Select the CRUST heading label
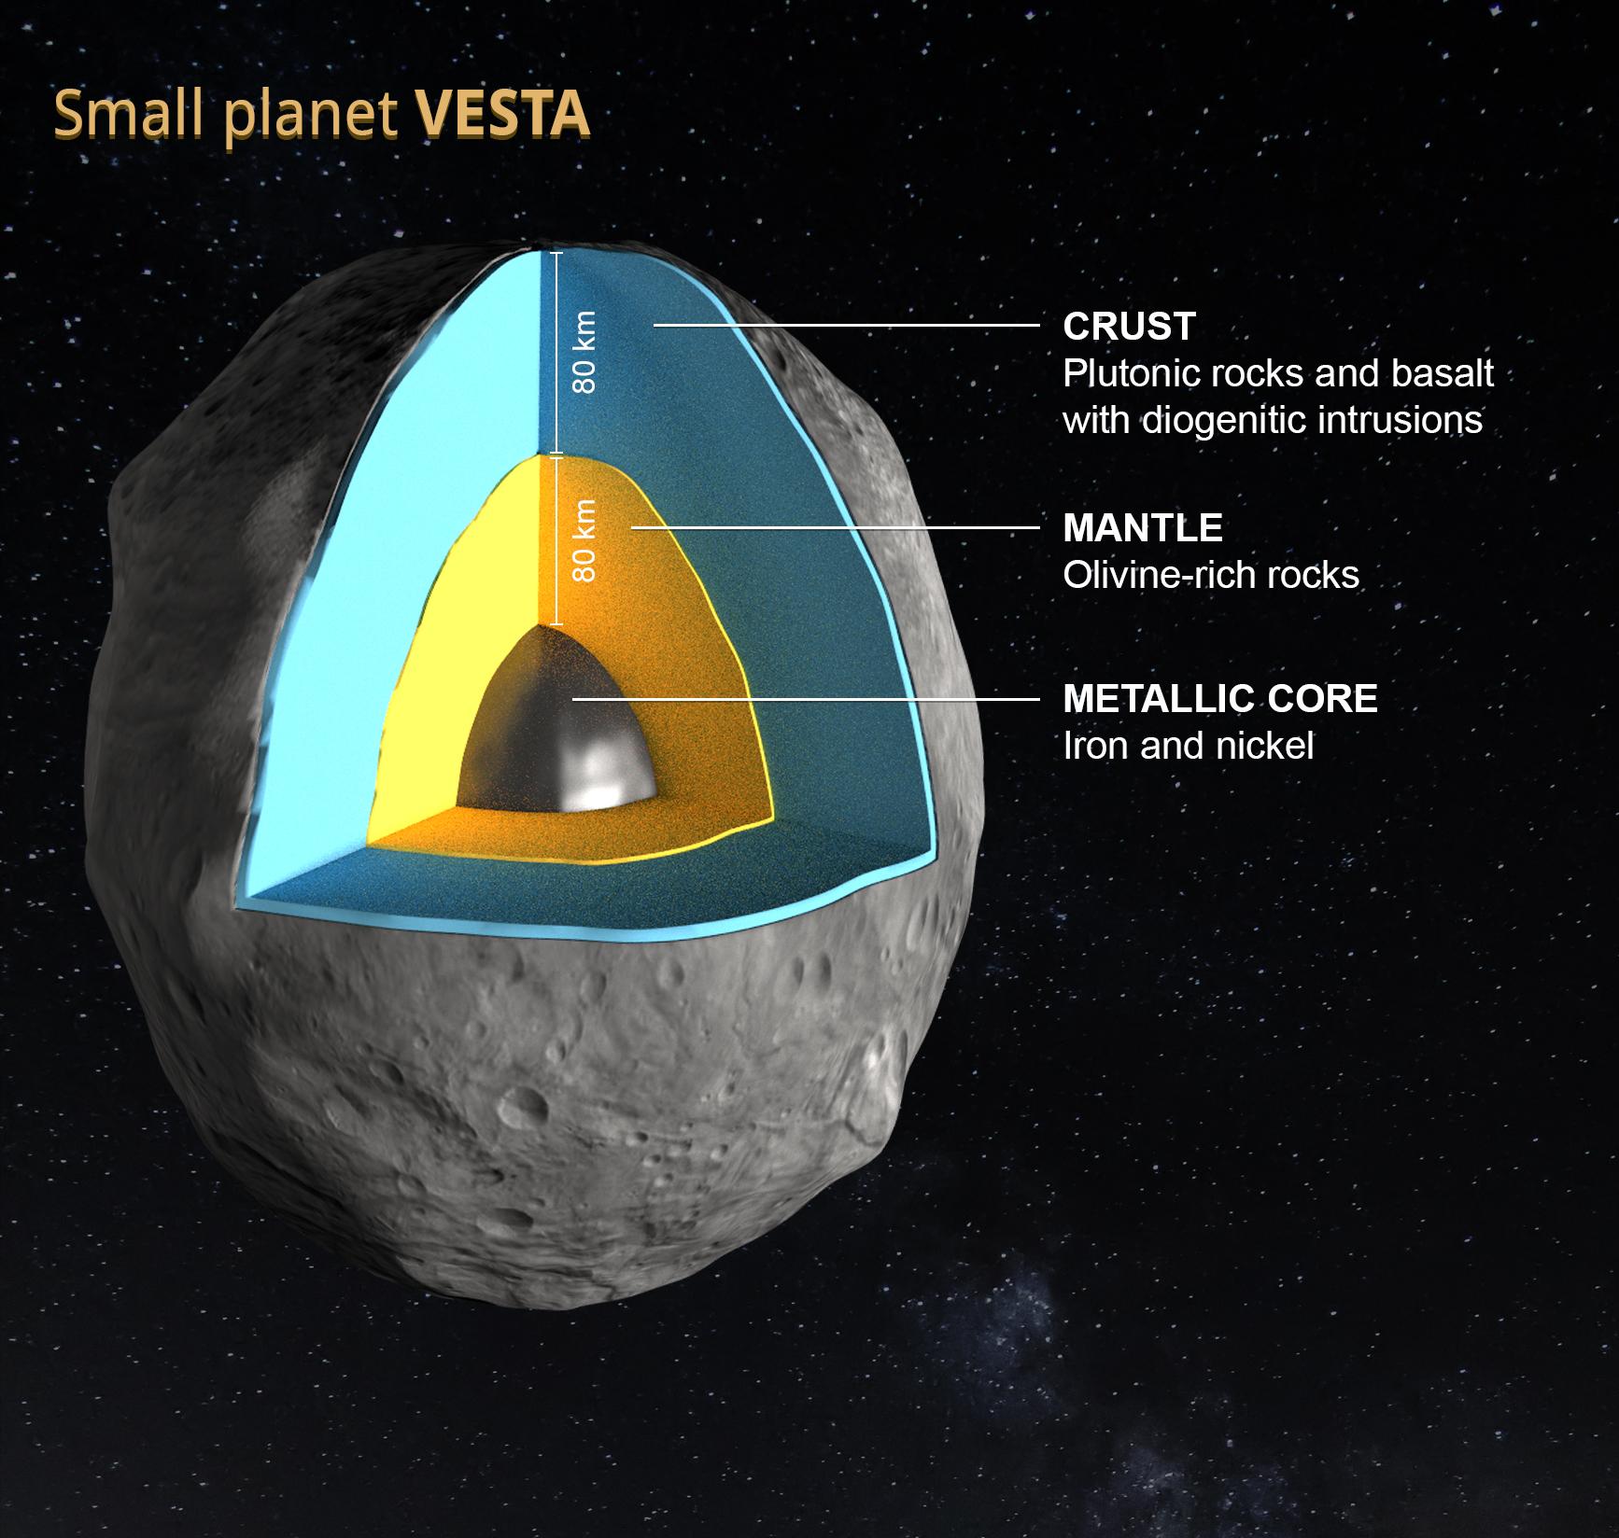coord(1129,327)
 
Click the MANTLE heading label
coord(1142,528)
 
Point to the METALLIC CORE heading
coord(1219,699)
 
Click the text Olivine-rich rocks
coord(1210,575)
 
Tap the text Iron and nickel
coord(1188,746)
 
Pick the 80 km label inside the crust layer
coord(584,352)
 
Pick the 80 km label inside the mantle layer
coord(584,541)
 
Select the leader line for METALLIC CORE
coord(803,698)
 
